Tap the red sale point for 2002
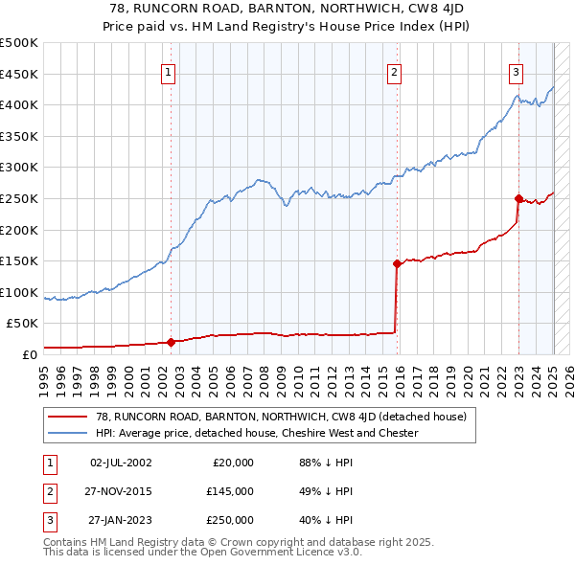(172, 341)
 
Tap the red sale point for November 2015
(397, 262)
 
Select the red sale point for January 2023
(518, 199)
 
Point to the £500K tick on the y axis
(19, 43)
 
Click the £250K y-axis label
(19, 198)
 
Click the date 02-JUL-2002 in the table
(121, 463)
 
